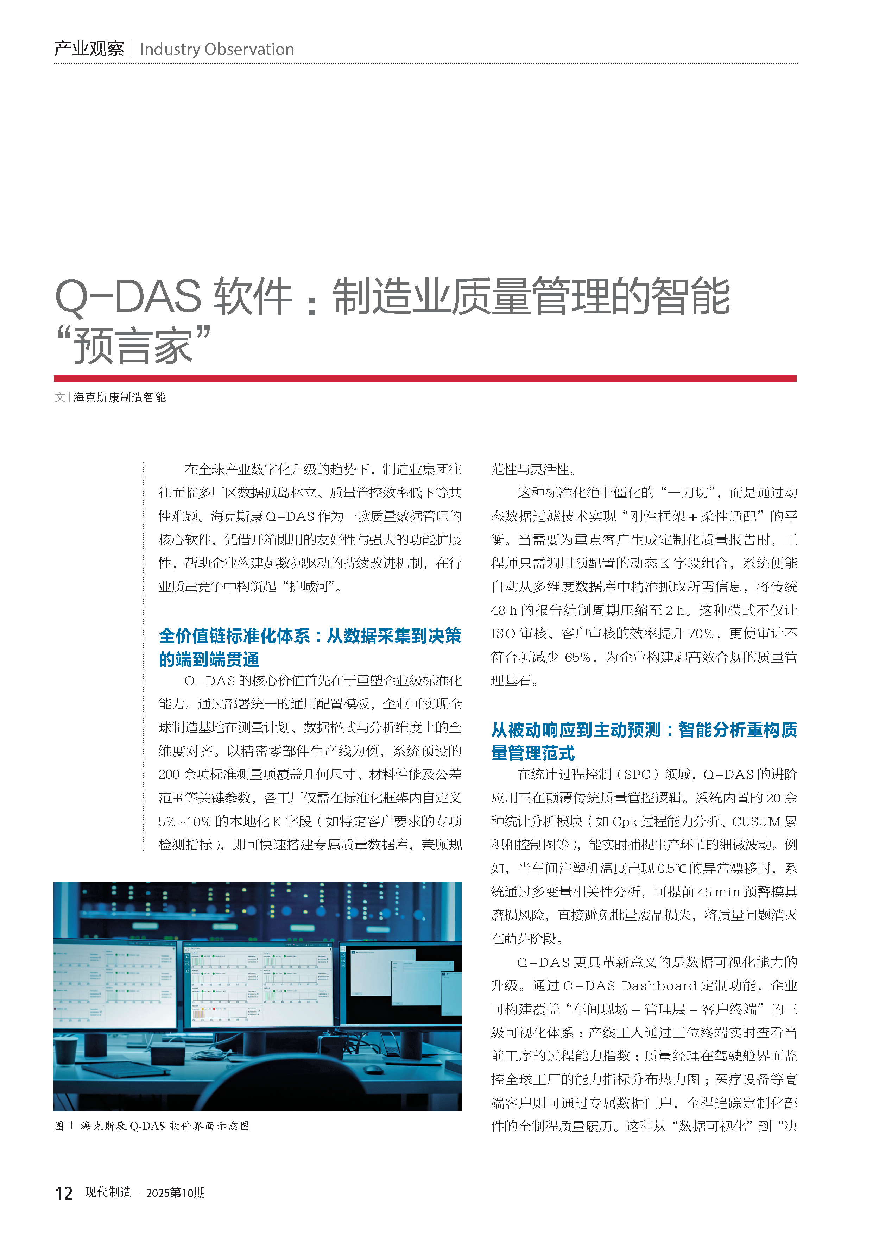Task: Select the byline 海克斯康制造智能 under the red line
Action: [119, 397]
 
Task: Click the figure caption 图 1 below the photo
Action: [152, 1126]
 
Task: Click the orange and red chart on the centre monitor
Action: [198, 1014]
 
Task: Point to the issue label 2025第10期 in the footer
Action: [175, 1192]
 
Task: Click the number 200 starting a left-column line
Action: [169, 774]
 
